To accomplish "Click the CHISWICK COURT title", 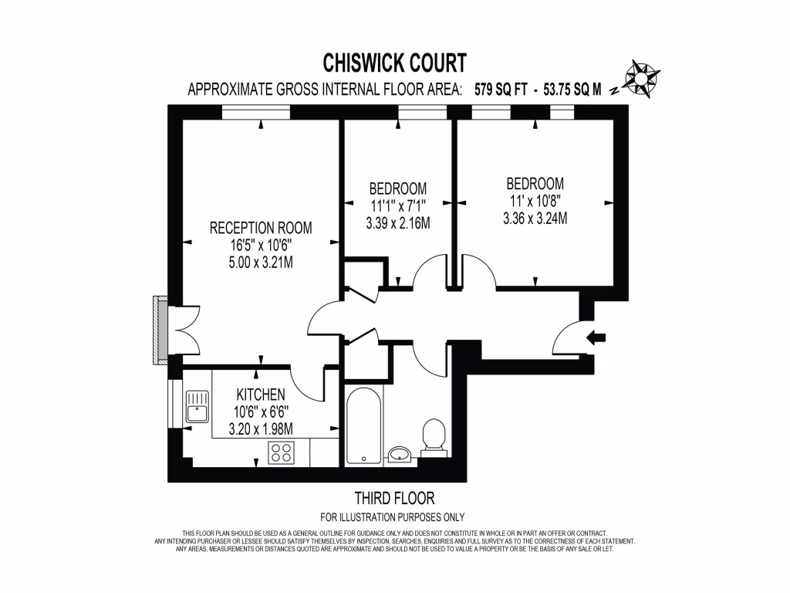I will pyautogui.click(x=393, y=61).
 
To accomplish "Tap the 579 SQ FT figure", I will pyautogui.click(x=501, y=89).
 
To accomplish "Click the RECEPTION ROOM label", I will pyautogui.click(x=261, y=228).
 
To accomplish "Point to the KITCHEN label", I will pyautogui.click(x=261, y=394).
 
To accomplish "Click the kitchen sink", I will pyautogui.click(x=197, y=406).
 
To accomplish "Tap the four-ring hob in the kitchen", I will pyautogui.click(x=280, y=453).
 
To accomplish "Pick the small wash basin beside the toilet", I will pyautogui.click(x=399, y=453).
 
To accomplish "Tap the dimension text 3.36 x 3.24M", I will pyautogui.click(x=535, y=219).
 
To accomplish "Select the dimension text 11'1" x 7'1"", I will pyautogui.click(x=397, y=206).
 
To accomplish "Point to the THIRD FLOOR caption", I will pyautogui.click(x=393, y=498).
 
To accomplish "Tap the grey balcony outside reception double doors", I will pyautogui.click(x=160, y=331).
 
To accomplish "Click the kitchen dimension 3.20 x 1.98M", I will pyautogui.click(x=261, y=429).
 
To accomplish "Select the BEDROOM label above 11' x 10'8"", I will pyautogui.click(x=535, y=184).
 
